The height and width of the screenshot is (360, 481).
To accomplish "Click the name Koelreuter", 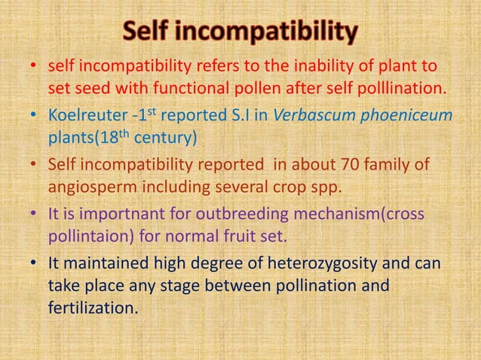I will tap(82, 115).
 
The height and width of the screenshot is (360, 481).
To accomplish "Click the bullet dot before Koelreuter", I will tap(33, 116).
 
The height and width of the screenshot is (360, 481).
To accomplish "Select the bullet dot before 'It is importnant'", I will tap(33, 215).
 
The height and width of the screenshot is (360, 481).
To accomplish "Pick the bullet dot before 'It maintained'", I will tap(33, 264).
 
